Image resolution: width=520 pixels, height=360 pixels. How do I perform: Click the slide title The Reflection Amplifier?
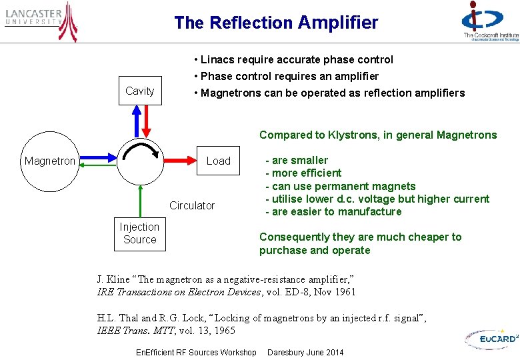point(276,23)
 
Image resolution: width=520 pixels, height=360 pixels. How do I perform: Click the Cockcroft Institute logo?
point(490,22)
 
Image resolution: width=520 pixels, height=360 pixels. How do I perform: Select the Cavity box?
point(140,91)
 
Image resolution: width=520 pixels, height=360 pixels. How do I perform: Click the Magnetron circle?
point(50,161)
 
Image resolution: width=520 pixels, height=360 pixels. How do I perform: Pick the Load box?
point(218,161)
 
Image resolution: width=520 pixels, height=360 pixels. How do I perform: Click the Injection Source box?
point(139,233)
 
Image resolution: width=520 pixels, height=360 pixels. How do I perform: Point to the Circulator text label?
point(192,205)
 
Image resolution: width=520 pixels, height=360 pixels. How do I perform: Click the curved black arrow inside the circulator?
point(141,151)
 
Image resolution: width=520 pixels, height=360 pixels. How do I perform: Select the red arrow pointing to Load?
point(181,161)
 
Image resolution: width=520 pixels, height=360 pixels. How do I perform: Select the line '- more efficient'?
point(303,173)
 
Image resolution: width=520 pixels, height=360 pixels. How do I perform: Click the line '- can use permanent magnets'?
point(340,186)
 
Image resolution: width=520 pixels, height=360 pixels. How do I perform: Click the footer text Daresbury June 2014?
point(305,352)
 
